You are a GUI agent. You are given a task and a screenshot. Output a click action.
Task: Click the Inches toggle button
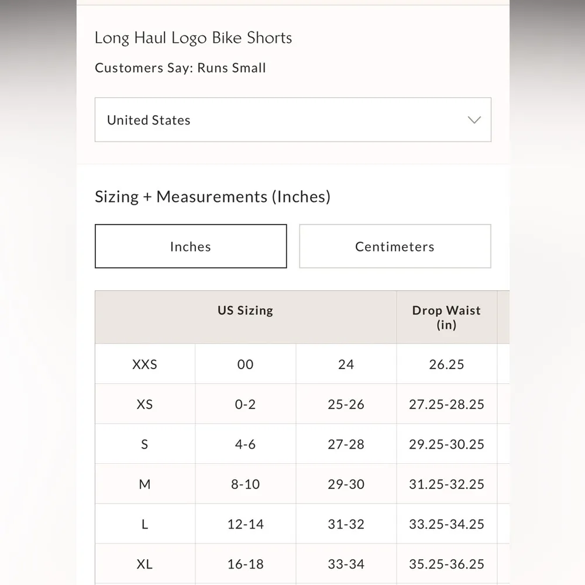(191, 246)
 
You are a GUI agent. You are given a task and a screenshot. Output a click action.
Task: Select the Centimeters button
(395, 246)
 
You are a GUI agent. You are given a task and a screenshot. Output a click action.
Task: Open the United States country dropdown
(292, 120)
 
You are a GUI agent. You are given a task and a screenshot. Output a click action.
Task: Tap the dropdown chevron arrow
(474, 120)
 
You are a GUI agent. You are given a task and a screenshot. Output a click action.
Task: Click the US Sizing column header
(245, 310)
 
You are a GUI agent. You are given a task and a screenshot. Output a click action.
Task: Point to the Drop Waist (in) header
(446, 317)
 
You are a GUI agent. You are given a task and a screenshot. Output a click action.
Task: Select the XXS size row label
(144, 364)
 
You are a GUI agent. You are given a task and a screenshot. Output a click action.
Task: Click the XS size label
(144, 404)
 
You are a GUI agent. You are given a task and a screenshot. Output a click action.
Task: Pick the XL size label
(144, 564)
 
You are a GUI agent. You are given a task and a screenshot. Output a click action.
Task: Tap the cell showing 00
(245, 364)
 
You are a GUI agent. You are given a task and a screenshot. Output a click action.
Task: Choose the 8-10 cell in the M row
(245, 484)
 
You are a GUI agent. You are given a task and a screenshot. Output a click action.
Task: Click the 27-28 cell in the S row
(346, 444)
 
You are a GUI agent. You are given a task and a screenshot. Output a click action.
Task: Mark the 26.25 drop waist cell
(446, 364)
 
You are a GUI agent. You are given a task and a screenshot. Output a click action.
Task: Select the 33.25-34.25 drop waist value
(446, 524)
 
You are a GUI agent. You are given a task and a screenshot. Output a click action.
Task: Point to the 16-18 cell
(245, 564)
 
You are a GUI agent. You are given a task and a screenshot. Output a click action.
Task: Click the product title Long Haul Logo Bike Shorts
(193, 38)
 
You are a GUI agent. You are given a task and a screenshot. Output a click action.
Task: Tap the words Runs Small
(232, 68)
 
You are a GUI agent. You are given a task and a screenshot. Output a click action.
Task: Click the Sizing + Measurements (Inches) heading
(212, 197)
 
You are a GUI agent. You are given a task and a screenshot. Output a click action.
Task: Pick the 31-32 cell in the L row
(346, 524)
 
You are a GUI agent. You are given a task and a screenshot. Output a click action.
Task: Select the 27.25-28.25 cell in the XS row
(446, 404)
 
